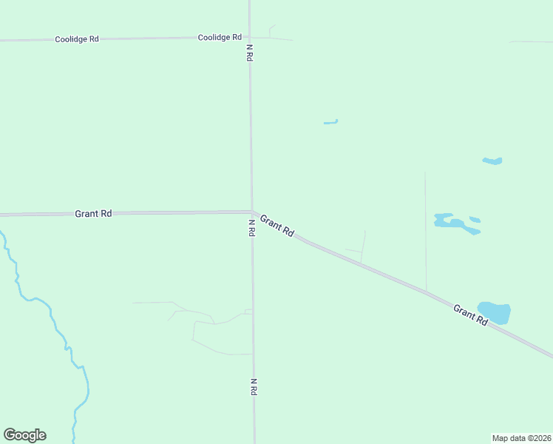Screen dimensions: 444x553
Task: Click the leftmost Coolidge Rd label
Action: (77, 38)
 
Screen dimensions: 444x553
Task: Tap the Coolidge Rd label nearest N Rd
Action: (220, 37)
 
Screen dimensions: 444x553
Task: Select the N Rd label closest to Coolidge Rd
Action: (250, 53)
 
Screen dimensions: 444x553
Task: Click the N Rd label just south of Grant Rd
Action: (251, 227)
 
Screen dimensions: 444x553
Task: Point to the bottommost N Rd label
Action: (253, 386)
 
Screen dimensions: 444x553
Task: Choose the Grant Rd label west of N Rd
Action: (93, 213)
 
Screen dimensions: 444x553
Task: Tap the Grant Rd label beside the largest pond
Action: (471, 316)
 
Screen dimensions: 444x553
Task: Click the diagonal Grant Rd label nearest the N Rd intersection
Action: (277, 226)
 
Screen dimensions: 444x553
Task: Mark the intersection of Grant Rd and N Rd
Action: (252, 212)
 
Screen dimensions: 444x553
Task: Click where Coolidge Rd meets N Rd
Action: (250, 37)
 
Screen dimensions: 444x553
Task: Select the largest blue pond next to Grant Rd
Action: (494, 312)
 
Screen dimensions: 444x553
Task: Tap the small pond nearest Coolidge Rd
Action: (330, 122)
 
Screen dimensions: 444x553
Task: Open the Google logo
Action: (24, 435)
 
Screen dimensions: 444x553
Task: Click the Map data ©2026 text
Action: (521, 438)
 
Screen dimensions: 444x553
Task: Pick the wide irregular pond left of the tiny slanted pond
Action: (451, 221)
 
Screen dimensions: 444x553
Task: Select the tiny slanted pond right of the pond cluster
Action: (475, 219)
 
